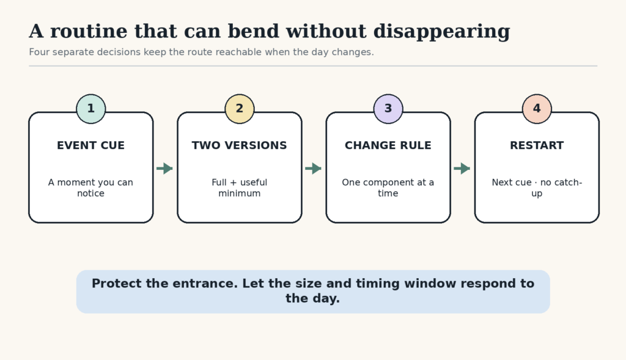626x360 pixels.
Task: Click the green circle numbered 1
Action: click(x=91, y=109)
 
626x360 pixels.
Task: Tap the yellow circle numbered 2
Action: click(x=240, y=109)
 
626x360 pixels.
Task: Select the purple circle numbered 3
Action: click(x=388, y=109)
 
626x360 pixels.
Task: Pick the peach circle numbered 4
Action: click(x=537, y=109)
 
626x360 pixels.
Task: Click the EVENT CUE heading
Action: click(x=90, y=145)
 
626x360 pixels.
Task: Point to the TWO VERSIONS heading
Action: click(x=239, y=145)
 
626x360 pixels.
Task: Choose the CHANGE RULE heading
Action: click(x=388, y=145)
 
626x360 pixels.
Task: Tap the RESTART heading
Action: click(x=537, y=145)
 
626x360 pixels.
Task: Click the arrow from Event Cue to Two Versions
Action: click(x=164, y=169)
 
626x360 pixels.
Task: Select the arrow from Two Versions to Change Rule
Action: click(x=314, y=169)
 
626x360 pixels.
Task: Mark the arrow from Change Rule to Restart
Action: click(x=462, y=169)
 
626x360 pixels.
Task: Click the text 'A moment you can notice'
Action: click(x=90, y=188)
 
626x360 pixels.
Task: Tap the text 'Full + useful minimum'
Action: click(x=240, y=188)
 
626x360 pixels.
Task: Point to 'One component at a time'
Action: click(x=388, y=188)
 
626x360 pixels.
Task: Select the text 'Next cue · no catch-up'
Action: click(x=537, y=188)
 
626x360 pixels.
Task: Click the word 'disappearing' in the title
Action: click(x=441, y=32)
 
